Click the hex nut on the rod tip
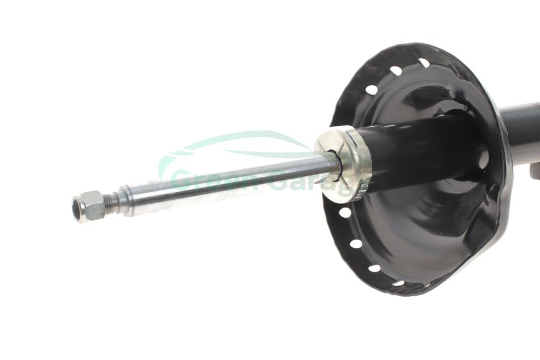click(x=88, y=206)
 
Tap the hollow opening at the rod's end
click(x=77, y=209)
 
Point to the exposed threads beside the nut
click(x=110, y=202)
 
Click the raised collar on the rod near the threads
click(x=124, y=201)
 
